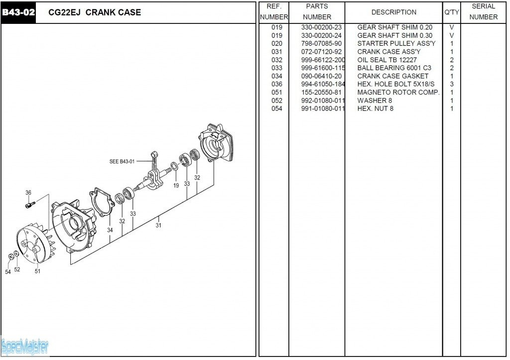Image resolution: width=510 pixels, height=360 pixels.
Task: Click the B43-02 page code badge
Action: [18, 12]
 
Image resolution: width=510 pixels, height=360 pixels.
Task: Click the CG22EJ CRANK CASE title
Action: [95, 12]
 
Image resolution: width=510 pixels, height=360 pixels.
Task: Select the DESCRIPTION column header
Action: [393, 12]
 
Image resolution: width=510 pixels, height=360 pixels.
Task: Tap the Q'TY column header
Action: [451, 12]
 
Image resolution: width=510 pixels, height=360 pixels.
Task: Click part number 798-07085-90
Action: [321, 43]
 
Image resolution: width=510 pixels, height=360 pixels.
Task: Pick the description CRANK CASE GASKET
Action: [392, 76]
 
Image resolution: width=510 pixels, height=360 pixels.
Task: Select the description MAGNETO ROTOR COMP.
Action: [398, 93]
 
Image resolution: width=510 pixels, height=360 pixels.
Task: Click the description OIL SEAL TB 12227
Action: [387, 60]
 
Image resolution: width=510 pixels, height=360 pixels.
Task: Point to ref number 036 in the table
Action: [277, 84]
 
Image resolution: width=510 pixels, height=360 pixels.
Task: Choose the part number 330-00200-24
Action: [321, 35]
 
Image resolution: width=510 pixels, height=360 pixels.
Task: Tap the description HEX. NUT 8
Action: [375, 109]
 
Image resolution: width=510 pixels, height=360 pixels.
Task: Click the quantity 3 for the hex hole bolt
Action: [452, 84]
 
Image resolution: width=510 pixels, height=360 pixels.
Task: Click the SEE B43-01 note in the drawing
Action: [122, 161]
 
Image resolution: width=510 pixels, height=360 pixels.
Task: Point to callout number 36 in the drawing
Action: [28, 193]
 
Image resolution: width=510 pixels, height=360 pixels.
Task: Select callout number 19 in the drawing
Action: [176, 186]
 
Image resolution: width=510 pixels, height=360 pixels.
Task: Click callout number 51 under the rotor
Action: [37, 271]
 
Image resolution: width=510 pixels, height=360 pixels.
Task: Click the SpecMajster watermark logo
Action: [25, 345]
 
